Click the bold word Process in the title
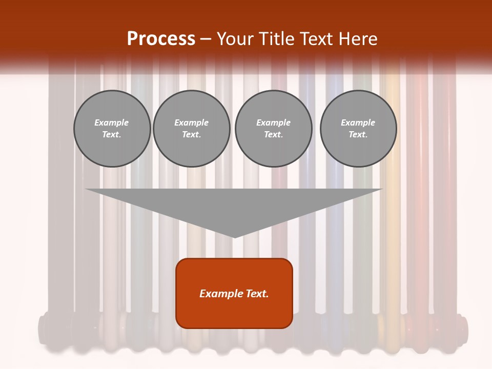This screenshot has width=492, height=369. [x=161, y=39]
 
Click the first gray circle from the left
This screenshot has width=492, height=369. [x=112, y=129]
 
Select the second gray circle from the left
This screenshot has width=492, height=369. [x=191, y=129]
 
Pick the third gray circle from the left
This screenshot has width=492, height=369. [x=273, y=129]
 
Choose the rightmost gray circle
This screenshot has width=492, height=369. [x=358, y=129]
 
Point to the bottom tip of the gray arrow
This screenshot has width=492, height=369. [x=235, y=237]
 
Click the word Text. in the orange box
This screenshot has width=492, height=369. [x=256, y=294]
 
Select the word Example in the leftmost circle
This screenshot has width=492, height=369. [x=112, y=122]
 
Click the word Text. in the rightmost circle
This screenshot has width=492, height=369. [x=358, y=135]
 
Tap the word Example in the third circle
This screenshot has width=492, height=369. [x=273, y=122]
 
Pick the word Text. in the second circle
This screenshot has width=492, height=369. [x=191, y=135]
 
